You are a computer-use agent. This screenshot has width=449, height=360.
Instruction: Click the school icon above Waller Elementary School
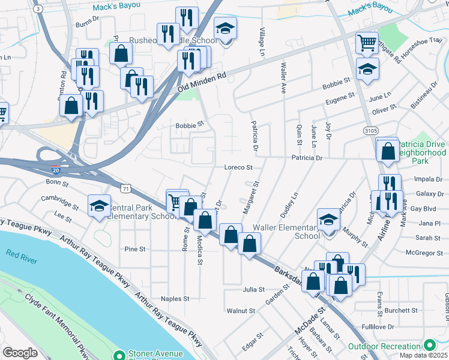click(328, 220)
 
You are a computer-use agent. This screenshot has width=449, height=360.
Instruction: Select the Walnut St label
click(241, 311)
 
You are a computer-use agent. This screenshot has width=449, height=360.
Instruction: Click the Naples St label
click(175, 298)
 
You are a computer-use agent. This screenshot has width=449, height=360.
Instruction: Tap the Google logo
click(20, 352)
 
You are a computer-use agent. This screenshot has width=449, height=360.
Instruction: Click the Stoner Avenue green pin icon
click(119, 356)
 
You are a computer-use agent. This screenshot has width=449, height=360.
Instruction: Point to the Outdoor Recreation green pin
click(429, 346)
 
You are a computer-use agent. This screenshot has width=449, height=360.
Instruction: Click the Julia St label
click(254, 289)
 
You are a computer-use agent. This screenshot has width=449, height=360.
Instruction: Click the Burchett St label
click(402, 311)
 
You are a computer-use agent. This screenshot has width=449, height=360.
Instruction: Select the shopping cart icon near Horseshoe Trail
click(366, 43)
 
